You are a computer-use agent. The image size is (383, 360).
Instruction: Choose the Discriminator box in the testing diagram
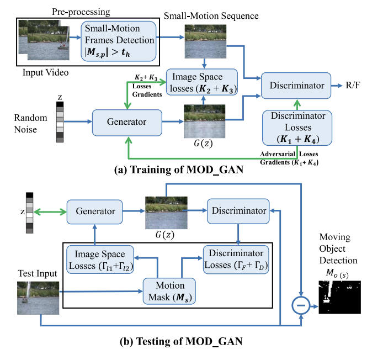click(238, 210)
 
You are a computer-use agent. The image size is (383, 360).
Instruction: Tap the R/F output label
click(352, 85)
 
